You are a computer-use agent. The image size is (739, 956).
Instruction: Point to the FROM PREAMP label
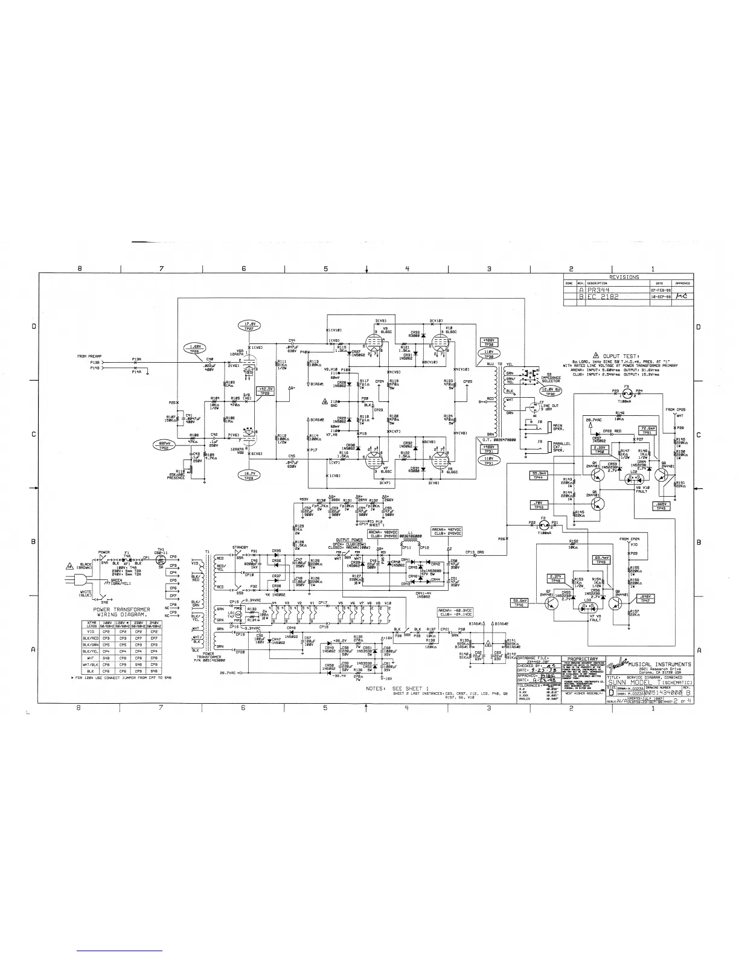coord(89,356)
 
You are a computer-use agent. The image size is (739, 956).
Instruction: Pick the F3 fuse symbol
coord(627,393)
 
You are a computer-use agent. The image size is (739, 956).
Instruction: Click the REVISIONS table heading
coord(624,277)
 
